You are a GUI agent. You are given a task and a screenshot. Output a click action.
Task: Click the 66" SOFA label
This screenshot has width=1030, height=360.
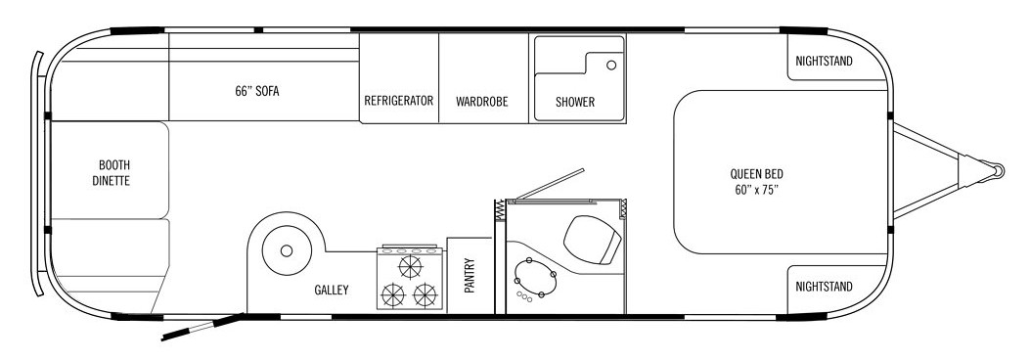click(257, 91)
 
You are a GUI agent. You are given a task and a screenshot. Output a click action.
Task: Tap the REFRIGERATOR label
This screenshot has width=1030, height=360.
click(399, 101)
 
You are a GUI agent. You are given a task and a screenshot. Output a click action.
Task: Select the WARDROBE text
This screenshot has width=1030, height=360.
click(482, 102)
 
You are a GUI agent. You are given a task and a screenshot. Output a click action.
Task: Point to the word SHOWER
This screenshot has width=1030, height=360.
click(575, 102)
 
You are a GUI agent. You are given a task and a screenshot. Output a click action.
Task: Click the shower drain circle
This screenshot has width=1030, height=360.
click(611, 65)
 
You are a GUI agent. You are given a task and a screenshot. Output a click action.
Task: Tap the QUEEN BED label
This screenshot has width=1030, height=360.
click(757, 182)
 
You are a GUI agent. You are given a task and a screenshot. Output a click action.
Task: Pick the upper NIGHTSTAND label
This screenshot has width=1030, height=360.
click(824, 61)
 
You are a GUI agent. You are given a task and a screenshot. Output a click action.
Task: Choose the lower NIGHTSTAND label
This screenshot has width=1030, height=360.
click(824, 287)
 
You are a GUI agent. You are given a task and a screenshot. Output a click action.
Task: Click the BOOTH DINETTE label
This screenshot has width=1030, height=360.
click(111, 173)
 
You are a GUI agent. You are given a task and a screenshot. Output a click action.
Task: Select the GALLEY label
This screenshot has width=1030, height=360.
click(331, 290)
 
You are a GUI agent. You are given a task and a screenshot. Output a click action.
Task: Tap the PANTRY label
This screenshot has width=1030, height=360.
click(470, 275)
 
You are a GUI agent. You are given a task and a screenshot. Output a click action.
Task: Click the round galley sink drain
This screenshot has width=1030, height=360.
click(286, 250)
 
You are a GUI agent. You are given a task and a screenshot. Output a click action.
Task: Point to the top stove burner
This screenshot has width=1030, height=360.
click(411, 267)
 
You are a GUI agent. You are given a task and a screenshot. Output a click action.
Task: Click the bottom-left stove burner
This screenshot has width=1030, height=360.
click(393, 294)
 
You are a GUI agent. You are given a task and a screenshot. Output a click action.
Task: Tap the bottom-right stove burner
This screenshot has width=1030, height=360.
click(425, 294)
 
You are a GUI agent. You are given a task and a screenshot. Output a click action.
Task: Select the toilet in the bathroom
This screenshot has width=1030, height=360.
click(592, 238)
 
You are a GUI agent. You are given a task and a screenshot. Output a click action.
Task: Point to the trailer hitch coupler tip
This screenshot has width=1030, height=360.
click(998, 171)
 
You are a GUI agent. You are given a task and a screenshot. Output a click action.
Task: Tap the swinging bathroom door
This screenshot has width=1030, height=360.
click(551, 183)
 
